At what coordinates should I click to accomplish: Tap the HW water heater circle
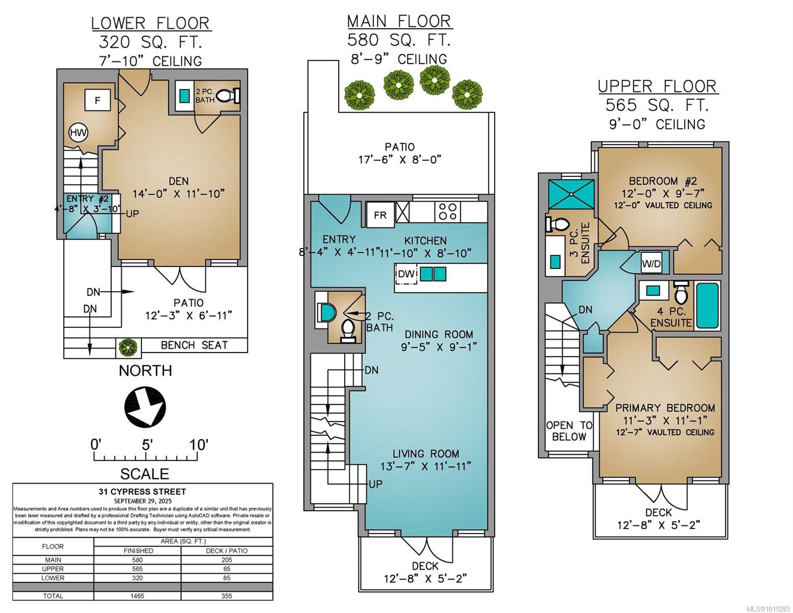pos(79,132)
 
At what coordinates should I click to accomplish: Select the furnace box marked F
pos(98,100)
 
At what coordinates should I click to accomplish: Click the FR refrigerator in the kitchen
pos(380,215)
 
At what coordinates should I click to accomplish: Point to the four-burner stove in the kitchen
pos(447,211)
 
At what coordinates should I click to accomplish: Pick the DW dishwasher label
pos(406,273)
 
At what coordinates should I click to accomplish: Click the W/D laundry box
pos(652,263)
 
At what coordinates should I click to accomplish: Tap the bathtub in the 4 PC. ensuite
pos(708,305)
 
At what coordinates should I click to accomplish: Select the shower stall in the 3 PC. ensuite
pos(571,195)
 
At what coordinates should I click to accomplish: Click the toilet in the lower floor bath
pos(228,96)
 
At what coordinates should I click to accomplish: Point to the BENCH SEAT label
pos(194,345)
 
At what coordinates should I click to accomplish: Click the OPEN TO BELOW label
pos(569,431)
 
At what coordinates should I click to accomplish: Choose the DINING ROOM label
pos(439,335)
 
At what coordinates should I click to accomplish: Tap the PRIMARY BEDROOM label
pos(665,408)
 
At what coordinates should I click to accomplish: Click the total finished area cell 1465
pos(137,596)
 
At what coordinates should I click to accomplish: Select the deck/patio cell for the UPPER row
pos(227,569)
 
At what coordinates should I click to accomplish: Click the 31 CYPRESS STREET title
pos(142,492)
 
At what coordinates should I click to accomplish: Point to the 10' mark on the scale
pos(198,445)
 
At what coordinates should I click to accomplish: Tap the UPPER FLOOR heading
pos(657,86)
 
